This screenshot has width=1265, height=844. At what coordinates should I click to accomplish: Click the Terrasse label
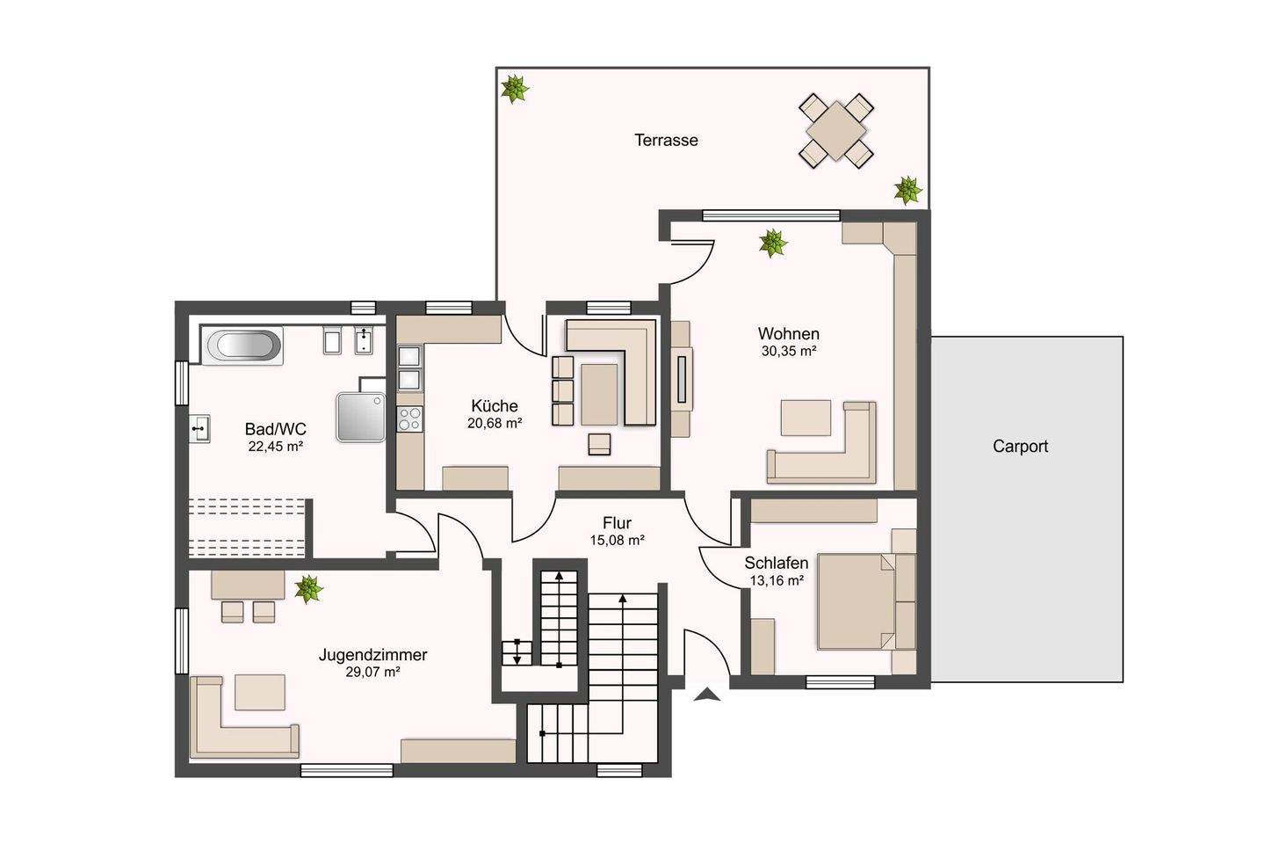tap(666, 140)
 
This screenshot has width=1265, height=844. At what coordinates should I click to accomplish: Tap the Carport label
tap(1020, 447)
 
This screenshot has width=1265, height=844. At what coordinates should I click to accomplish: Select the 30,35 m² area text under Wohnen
tap(788, 351)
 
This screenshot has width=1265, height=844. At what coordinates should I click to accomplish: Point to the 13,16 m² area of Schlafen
tap(777, 580)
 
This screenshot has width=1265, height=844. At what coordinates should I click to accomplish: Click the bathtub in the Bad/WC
tap(242, 346)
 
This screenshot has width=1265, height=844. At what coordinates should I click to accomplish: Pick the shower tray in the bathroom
tap(361, 417)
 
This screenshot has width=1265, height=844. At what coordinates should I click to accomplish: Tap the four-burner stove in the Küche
tap(410, 418)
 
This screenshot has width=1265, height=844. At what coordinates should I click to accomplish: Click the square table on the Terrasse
tap(836, 131)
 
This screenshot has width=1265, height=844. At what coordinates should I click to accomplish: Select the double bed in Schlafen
tap(857, 601)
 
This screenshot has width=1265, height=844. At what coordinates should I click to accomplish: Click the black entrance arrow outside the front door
tap(707, 695)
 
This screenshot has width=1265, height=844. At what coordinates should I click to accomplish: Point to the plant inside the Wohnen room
tap(772, 243)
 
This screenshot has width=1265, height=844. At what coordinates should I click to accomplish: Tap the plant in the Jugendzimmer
tap(308, 588)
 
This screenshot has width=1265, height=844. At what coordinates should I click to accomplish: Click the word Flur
tap(617, 523)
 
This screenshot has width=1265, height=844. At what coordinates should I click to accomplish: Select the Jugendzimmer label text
tap(372, 655)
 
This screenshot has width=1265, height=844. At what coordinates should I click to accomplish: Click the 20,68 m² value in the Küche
tap(494, 423)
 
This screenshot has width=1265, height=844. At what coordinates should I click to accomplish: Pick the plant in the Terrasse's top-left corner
tap(515, 89)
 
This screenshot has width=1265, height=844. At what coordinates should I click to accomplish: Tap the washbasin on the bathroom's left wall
tap(199, 429)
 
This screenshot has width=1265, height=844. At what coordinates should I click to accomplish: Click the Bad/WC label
tap(275, 428)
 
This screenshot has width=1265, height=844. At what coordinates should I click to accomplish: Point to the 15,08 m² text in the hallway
tap(618, 541)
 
